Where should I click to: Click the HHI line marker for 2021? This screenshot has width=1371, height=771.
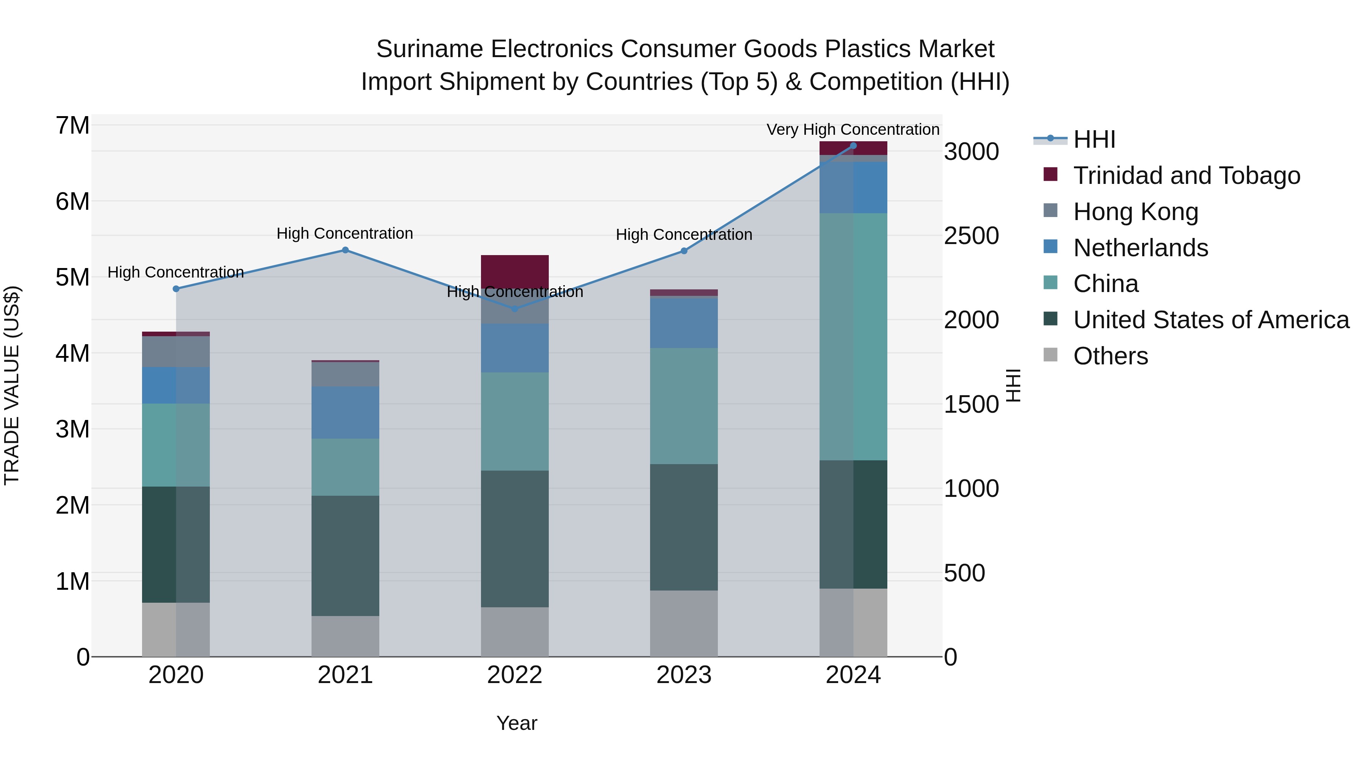pyautogui.click(x=345, y=250)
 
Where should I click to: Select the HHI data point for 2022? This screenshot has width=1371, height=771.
pyautogui.click(x=515, y=309)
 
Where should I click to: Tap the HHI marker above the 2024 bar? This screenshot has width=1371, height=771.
pyautogui.click(x=853, y=146)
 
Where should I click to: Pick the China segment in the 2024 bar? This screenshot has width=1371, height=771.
pyautogui.click(x=853, y=336)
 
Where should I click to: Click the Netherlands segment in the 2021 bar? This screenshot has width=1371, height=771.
pyautogui.click(x=345, y=412)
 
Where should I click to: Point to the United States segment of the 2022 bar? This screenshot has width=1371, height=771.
pyautogui.click(x=515, y=538)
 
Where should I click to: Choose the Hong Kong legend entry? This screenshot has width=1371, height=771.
pyautogui.click(x=1135, y=212)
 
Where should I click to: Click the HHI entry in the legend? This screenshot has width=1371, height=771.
pyautogui.click(x=1094, y=139)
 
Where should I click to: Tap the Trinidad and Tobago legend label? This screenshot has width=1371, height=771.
pyautogui.click(x=1186, y=176)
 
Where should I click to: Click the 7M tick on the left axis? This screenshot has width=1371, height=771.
pyautogui.click(x=72, y=126)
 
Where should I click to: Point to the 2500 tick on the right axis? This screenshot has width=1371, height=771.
pyautogui.click(x=971, y=236)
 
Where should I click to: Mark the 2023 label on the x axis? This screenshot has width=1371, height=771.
pyautogui.click(x=684, y=675)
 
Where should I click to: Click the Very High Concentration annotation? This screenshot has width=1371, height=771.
pyautogui.click(x=853, y=130)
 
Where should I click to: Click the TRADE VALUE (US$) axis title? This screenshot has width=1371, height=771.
pyautogui.click(x=12, y=385)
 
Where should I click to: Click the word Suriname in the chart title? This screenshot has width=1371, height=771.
pyautogui.click(x=430, y=49)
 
